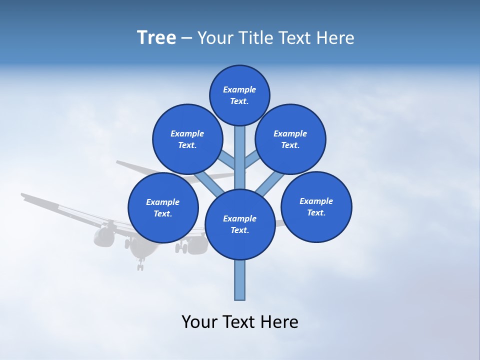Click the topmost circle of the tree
click(239, 95)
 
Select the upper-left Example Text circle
click(187, 139)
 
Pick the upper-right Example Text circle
click(290, 139)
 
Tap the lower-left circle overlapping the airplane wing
click(163, 207)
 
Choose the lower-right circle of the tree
click(316, 206)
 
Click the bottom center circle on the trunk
click(240, 224)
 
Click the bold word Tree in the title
click(156, 37)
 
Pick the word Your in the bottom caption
click(199, 322)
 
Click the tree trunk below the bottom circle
click(240, 280)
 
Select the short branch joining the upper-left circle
click(227, 161)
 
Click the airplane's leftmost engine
click(104, 237)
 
